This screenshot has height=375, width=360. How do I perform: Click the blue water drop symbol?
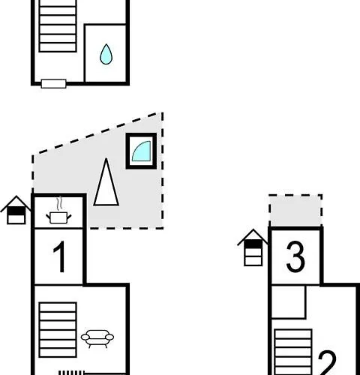pyautogui.click(x=106, y=55)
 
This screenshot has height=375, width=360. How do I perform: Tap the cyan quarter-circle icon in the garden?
pyautogui.click(x=142, y=152)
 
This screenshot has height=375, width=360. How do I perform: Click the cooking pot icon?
pyautogui.click(x=58, y=217)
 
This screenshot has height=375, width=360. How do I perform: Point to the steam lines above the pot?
pyautogui.click(x=59, y=203)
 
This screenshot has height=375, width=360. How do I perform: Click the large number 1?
pyautogui.click(x=59, y=256)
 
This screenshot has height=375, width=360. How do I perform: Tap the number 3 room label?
pyautogui.click(x=295, y=256)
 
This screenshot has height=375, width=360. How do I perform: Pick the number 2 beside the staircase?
pyautogui.click(x=327, y=364)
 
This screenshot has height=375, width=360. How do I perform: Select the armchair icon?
pyautogui.click(x=97, y=338)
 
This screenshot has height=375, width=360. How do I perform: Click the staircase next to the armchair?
pyautogui.click(x=58, y=330)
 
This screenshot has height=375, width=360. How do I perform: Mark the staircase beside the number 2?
pyautogui.click(x=293, y=352)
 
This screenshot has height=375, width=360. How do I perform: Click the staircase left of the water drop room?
pyautogui.click(x=58, y=26)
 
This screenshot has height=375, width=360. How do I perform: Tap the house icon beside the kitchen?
pyautogui.click(x=16, y=210)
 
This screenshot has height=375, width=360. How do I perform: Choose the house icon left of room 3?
pyautogui.click(x=253, y=247)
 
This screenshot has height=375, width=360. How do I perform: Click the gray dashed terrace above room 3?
pyautogui.click(x=295, y=211)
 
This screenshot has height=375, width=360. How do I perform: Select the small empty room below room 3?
pyautogui.click(x=288, y=301)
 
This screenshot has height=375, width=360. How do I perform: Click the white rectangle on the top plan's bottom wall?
pyautogui.click(x=53, y=84)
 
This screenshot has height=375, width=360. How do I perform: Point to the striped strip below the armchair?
pyautogui.click(x=71, y=373)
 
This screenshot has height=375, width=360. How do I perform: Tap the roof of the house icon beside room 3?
pyautogui.click(x=253, y=237)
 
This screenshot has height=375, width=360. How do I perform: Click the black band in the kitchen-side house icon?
pyautogui.click(x=16, y=211)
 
